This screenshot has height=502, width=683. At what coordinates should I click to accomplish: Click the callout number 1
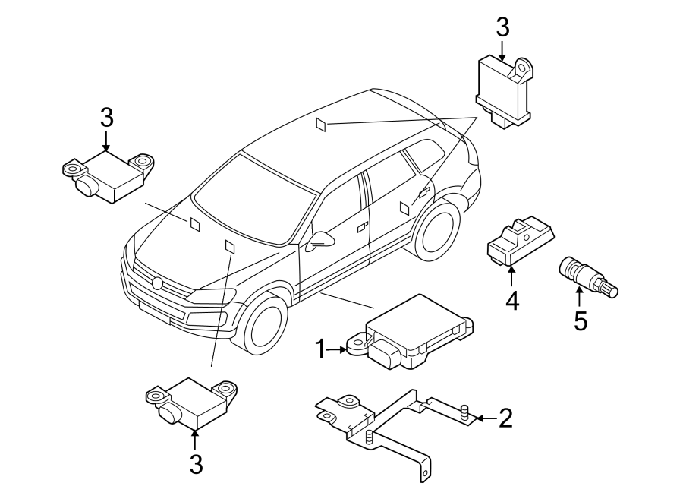tap(321, 349)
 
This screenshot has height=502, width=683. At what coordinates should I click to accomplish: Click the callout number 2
tap(505, 418)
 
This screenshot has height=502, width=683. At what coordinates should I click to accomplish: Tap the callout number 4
tap(512, 301)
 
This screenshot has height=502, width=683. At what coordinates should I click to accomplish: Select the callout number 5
tap(581, 320)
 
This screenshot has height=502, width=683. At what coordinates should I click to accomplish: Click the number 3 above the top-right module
tap(502, 29)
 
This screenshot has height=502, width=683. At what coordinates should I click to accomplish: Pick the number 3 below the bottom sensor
tap(196, 464)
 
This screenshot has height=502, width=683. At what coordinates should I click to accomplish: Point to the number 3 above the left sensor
tap(106, 118)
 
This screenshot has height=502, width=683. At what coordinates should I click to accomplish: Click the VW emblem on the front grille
tap(158, 284)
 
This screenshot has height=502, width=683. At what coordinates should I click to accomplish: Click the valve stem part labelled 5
tap(588, 278)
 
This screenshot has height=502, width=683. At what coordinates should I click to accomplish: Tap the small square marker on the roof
tap(323, 125)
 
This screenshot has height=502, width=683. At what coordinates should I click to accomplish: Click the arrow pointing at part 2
tap(485, 418)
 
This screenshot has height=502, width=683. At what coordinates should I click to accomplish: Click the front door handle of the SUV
tap(362, 226)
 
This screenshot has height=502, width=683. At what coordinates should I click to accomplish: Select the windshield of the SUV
tap(254, 197)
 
